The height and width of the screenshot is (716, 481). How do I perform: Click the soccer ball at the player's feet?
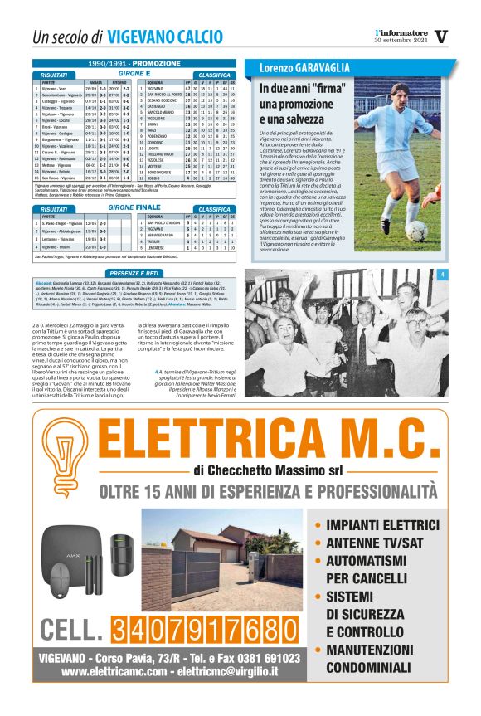coord(416,230)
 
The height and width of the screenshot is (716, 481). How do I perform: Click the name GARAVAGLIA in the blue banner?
coord(328,66)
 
